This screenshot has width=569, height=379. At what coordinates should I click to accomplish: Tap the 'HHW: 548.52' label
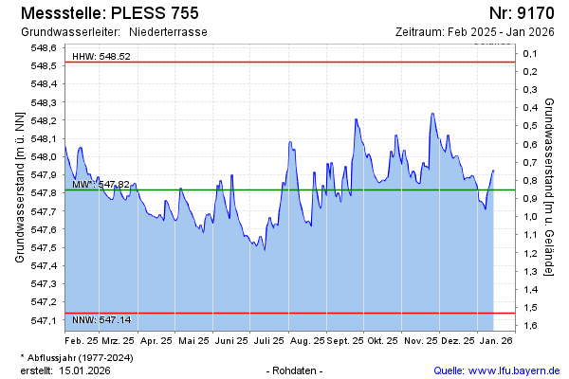click(101, 57)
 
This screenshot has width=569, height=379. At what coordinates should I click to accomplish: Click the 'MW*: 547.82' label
click(101, 184)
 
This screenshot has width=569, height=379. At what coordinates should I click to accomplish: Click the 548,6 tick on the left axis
click(44, 48)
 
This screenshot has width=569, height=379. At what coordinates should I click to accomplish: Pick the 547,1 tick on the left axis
click(44, 320)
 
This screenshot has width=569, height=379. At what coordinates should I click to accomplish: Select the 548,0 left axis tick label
click(44, 157)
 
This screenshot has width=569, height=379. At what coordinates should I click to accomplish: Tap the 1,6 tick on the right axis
click(530, 326)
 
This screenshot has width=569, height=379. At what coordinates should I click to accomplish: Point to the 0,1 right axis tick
click(530, 54)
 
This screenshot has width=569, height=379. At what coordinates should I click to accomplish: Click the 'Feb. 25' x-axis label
click(82, 340)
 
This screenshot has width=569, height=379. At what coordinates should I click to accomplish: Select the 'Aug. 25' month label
click(307, 340)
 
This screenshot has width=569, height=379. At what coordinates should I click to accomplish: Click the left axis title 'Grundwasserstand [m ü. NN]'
click(19, 186)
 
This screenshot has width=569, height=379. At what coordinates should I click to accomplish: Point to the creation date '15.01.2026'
click(84, 370)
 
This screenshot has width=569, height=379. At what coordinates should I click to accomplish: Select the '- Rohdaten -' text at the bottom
click(296, 370)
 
